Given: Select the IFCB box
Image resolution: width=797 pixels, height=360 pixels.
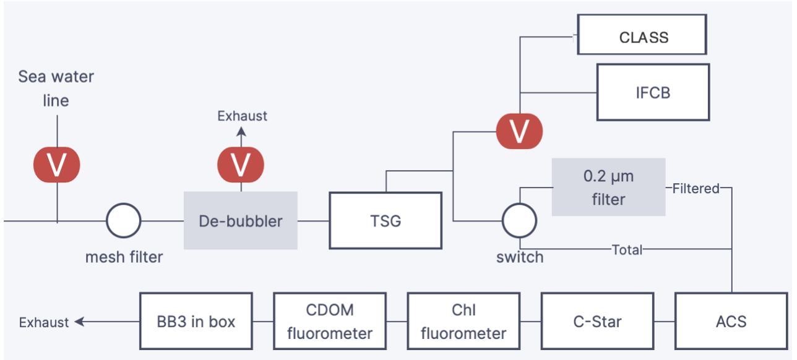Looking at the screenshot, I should (x=652, y=92).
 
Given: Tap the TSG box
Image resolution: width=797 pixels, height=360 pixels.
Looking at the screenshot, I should (x=385, y=221).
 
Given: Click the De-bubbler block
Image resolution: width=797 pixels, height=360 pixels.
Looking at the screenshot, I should (x=241, y=221).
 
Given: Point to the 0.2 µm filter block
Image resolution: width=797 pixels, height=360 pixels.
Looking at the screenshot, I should (x=608, y=187).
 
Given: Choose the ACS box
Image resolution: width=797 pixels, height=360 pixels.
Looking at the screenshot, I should (x=731, y=322).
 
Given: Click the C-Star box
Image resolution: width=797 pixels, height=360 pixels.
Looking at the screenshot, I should (x=597, y=322).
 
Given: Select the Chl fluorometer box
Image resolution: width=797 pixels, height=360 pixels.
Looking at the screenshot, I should (x=463, y=322).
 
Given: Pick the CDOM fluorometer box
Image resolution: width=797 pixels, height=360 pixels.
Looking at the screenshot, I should (x=330, y=322).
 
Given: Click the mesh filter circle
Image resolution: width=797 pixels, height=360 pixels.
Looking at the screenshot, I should (x=124, y=220).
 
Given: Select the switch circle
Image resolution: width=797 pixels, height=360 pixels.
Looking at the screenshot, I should (x=519, y=220).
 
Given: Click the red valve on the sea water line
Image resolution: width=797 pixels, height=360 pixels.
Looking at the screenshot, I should (x=57, y=165).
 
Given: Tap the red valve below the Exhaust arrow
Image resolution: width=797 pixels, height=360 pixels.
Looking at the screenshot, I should (x=241, y=165).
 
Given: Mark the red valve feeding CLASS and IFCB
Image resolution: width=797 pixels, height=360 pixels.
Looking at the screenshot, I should (x=520, y=131).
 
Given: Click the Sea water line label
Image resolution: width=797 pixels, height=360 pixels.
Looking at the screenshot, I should (x=56, y=88).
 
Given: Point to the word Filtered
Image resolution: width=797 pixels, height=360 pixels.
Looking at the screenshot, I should (x=696, y=189).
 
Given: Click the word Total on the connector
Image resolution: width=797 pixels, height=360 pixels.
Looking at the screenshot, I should (x=627, y=250).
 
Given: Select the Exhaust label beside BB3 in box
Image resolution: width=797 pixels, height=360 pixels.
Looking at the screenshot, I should (x=44, y=322).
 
